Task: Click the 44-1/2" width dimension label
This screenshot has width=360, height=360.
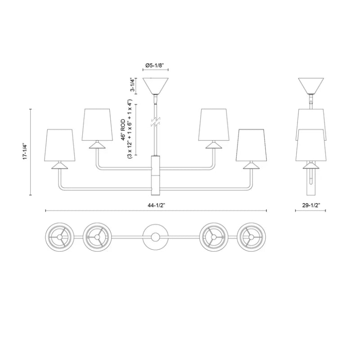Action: click(x=156, y=206)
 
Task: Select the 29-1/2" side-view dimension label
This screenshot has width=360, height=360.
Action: click(x=311, y=206)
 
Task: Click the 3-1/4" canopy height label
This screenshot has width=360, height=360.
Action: click(x=132, y=85)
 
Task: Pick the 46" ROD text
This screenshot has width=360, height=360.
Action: click(x=123, y=130)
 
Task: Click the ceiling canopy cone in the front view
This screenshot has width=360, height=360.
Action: click(x=155, y=86)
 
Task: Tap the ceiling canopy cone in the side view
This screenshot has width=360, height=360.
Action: click(x=311, y=86)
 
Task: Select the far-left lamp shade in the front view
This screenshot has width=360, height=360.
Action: click(x=60, y=145)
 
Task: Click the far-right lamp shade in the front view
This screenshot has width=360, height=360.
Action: click(x=252, y=145)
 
